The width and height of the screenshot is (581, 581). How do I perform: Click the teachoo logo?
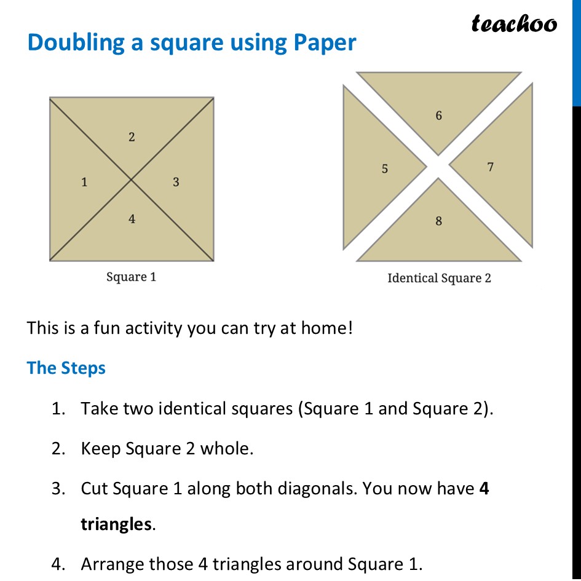click(514, 24)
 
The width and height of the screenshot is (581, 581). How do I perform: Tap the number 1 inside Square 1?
click(84, 182)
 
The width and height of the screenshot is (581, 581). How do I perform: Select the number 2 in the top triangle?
click(132, 138)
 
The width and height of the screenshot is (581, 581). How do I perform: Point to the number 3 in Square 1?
click(176, 182)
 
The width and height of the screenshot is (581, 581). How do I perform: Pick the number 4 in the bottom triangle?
click(132, 219)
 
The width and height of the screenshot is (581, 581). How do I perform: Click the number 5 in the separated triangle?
click(385, 168)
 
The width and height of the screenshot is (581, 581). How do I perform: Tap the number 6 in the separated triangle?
click(438, 116)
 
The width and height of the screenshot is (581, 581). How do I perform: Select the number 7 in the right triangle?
click(490, 167)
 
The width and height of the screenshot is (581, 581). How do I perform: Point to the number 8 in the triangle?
click(438, 221)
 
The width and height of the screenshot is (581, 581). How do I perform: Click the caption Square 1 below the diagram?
click(132, 277)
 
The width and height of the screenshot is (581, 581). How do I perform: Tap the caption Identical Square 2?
click(439, 279)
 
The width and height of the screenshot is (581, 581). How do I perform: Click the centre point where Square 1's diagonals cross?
click(132, 180)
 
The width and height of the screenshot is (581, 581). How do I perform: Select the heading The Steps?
click(66, 368)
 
